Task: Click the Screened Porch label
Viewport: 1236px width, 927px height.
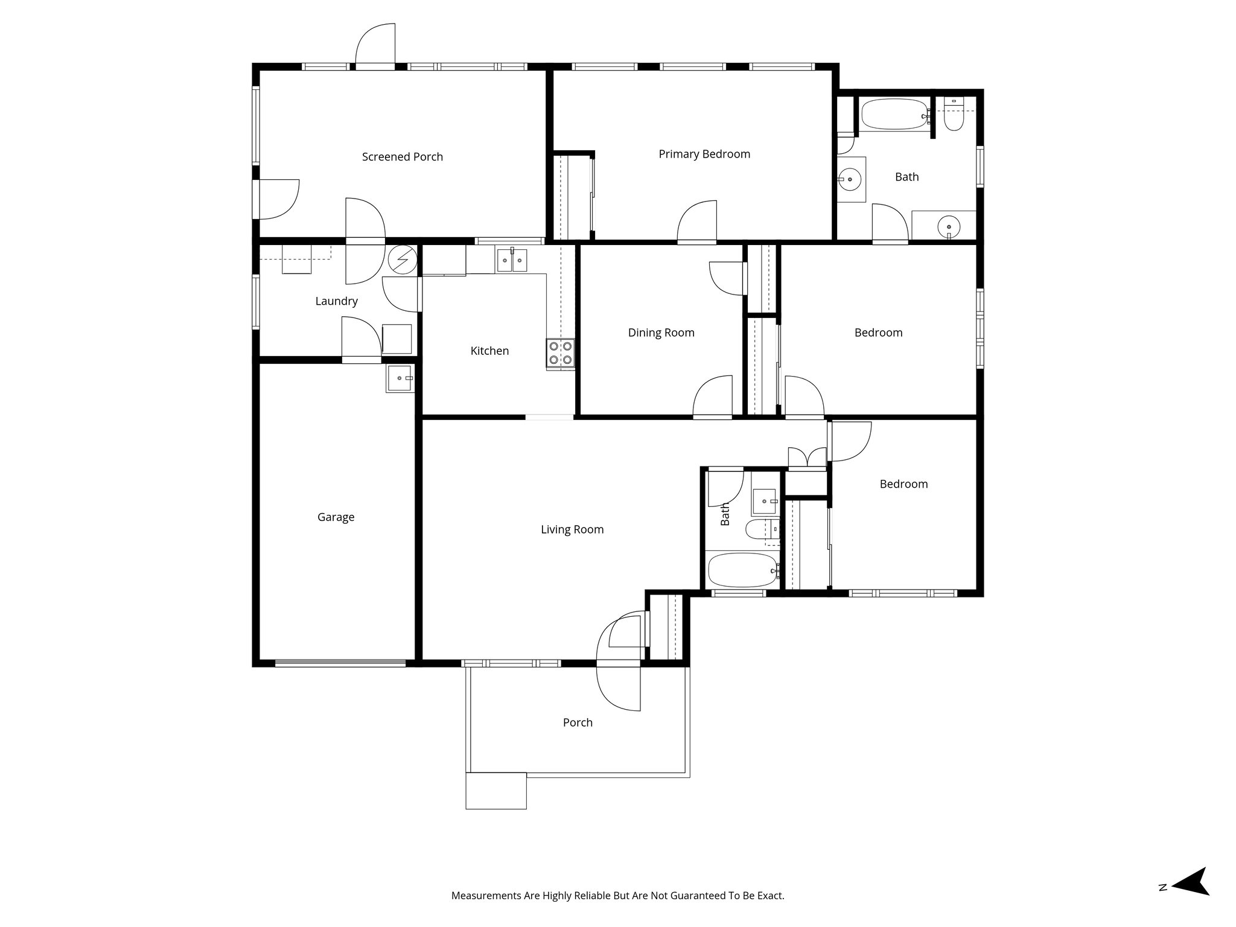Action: [403, 157]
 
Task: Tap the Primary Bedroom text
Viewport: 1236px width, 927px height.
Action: [704, 154]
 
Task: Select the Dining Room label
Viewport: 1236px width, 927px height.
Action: [661, 333]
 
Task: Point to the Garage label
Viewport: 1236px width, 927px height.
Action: [336, 517]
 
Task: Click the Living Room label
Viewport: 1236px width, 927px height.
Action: [572, 530]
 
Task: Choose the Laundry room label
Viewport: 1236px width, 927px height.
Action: [336, 301]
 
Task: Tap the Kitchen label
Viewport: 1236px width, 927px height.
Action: [489, 351]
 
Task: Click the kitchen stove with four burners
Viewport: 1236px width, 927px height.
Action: [560, 354]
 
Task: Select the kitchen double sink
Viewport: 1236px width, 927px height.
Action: [512, 261]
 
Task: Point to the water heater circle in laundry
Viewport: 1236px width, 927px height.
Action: [403, 260]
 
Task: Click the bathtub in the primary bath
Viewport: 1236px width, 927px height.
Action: [894, 115]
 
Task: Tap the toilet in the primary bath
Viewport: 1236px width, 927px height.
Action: [954, 118]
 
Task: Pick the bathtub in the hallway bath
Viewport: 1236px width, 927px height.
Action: [742, 570]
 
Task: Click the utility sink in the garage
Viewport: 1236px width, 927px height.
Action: [400, 378]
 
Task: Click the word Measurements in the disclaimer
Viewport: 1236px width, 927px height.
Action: [486, 913]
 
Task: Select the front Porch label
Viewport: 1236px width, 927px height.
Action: [578, 722]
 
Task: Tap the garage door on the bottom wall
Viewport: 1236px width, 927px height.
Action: [340, 663]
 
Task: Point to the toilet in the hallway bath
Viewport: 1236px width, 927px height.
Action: [757, 530]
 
